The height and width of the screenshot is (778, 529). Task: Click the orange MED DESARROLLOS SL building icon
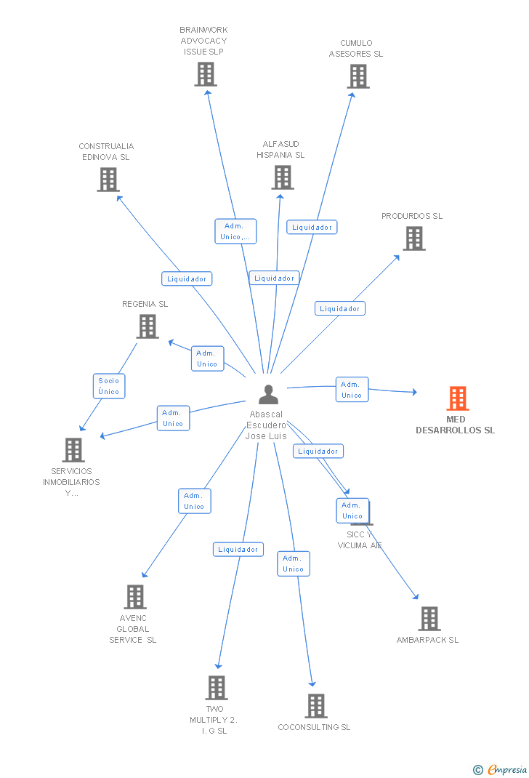point(457,398)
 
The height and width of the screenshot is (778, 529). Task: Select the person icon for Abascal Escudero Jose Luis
point(268,394)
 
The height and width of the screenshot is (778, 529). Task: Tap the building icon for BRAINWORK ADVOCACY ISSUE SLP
point(206,74)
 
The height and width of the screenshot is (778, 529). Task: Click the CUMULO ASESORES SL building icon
point(358,76)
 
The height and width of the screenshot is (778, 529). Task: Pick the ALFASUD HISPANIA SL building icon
point(282,177)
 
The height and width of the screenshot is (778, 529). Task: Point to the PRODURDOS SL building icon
point(413,238)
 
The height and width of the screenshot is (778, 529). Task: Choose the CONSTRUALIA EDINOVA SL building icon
point(108,180)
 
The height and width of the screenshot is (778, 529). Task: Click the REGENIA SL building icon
point(147,326)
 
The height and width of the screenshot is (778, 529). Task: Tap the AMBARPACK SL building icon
point(429,619)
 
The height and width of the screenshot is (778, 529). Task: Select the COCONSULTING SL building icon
point(315,706)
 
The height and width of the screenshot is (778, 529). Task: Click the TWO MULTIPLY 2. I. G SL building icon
point(216,688)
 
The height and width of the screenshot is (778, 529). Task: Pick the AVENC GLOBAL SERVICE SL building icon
point(134,597)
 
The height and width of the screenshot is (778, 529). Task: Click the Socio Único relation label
point(109,386)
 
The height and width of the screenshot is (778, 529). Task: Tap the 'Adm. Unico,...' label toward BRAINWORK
point(235,231)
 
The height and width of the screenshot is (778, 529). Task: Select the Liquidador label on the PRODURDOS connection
point(340,308)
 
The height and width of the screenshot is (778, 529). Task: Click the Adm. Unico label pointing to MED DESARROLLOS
point(352,390)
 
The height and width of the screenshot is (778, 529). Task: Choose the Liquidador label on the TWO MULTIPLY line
point(238,550)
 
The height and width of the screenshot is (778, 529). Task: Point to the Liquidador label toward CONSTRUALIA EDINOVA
point(187,278)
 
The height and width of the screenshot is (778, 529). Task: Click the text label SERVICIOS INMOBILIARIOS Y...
point(71,482)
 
